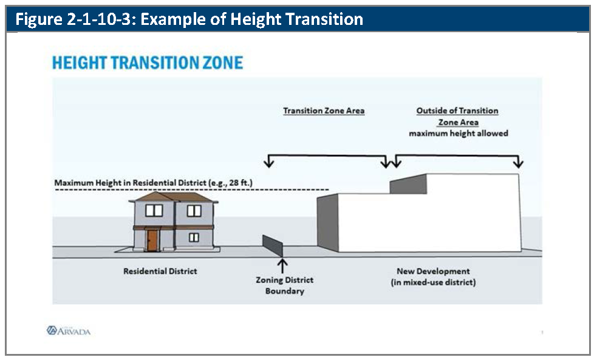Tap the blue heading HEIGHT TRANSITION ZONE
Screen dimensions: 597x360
148,63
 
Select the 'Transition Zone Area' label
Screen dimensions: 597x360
324,110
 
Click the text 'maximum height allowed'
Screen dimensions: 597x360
459,134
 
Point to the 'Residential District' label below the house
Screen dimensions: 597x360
160,271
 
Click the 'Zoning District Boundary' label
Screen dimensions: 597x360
285,285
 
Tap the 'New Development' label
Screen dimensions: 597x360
433,271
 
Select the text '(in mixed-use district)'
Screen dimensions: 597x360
433,282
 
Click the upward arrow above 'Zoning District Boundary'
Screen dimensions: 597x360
282,266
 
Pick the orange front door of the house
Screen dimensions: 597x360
152,240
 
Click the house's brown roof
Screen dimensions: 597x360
174,197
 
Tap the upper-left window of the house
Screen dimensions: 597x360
154,211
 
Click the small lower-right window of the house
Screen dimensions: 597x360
194,238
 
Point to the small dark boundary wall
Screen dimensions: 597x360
273,245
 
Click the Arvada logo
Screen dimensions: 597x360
69,331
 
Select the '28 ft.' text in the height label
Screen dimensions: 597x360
241,183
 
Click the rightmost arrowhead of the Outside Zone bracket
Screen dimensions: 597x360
518,163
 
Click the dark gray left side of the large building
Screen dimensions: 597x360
328,223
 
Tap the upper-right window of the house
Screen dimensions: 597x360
194,211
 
